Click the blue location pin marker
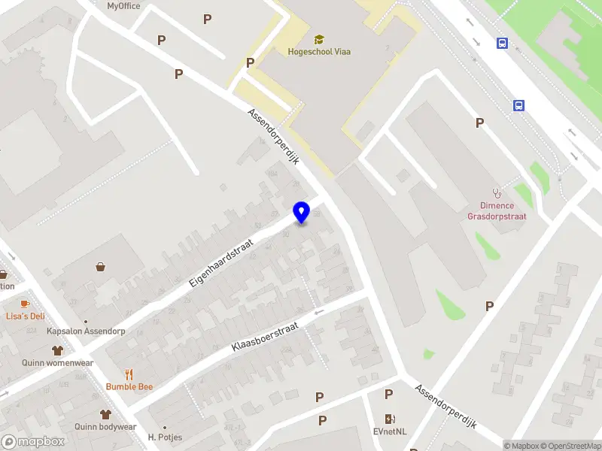point(301,212)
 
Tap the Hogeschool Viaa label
point(319,52)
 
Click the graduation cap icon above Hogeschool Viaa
point(319,39)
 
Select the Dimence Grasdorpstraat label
point(497,211)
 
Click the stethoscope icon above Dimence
point(497,193)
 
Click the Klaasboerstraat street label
point(265,337)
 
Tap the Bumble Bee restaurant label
point(129,386)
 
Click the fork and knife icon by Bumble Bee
point(129,374)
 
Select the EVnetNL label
point(390,431)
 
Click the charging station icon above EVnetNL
point(390,419)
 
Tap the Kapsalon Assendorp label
point(85,331)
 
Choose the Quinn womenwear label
point(57,363)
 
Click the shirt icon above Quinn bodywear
point(105,414)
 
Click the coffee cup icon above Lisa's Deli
point(25,303)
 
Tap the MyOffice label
point(123,6)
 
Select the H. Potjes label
point(165,437)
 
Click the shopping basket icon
point(100,266)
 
